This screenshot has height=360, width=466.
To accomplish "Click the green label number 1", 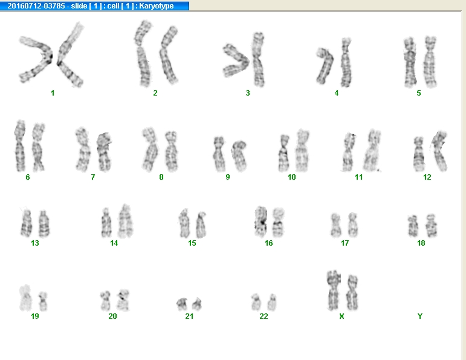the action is [53, 93].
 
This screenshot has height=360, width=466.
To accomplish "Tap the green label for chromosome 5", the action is [419, 93].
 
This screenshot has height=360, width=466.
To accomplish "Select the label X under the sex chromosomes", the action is [341, 316].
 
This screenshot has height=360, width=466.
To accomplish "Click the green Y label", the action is [420, 316].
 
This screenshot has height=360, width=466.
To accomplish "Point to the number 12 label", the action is [427, 177].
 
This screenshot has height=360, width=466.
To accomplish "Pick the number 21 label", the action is [189, 316].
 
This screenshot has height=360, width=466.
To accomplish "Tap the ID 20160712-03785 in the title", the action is [36, 6].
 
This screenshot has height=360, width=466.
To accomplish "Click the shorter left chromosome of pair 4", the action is [325, 66].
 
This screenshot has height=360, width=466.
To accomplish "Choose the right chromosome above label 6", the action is [38, 147].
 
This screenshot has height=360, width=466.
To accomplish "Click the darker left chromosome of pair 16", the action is [261, 221].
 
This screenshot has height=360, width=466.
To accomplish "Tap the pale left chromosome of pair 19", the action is [25, 298].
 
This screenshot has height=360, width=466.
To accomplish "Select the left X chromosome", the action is [334, 290].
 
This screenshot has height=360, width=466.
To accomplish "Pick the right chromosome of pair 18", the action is [431, 225].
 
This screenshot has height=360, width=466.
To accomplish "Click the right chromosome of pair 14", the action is [126, 221].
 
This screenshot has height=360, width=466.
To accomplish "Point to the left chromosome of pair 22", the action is [256, 302].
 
